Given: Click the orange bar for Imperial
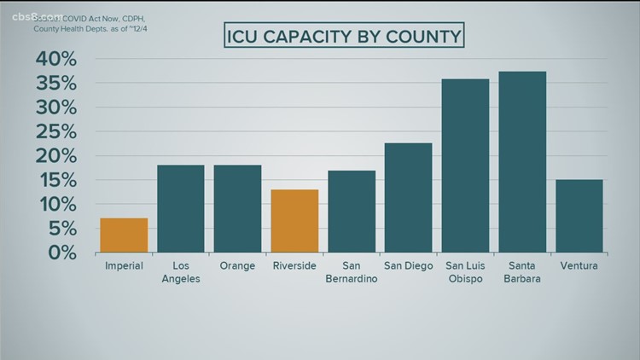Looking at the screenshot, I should [x=124, y=235].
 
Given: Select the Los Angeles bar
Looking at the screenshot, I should [x=181, y=209].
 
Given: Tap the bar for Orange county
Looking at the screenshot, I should [x=237, y=209].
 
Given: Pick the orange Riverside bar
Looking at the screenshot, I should [x=294, y=221].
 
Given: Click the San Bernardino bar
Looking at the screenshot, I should [x=352, y=212].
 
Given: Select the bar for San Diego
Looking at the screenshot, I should [x=408, y=198].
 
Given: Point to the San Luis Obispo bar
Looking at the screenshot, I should [x=465, y=165].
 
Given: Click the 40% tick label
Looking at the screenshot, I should [x=57, y=60].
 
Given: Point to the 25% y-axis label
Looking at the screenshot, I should [x=57, y=132].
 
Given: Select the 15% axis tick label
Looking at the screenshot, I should [x=57, y=181].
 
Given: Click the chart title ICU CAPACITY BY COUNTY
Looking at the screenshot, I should [x=344, y=36].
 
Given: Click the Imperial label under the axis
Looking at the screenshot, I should [x=124, y=266].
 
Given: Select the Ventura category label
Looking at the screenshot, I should [x=579, y=266].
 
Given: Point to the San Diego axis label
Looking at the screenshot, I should [x=408, y=266].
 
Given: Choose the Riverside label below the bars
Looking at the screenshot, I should [x=294, y=266].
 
